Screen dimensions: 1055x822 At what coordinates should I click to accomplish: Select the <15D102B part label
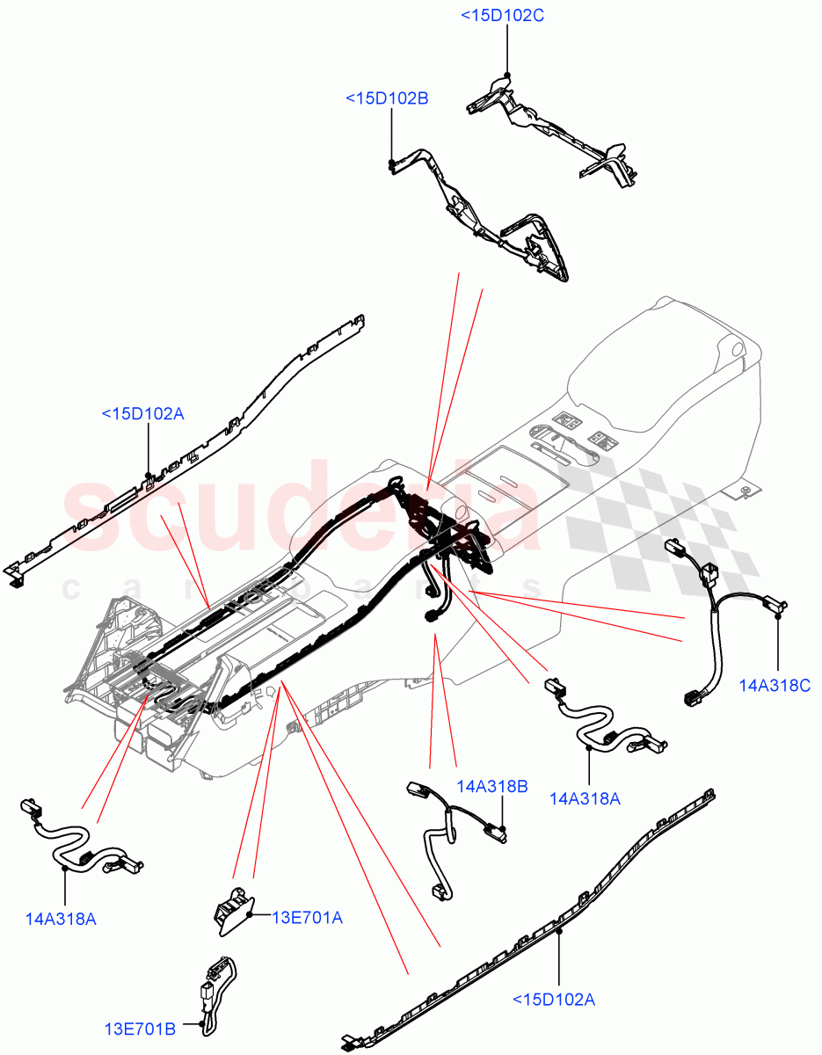387,98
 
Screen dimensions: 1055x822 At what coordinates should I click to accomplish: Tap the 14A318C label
774,685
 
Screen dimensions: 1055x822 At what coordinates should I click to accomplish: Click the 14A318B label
491,786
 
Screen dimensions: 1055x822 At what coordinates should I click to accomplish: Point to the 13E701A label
306,918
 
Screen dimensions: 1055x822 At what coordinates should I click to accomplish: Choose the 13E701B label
141,1028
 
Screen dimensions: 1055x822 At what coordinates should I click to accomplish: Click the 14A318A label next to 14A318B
585,798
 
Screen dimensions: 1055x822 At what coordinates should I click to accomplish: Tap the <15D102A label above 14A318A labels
142,413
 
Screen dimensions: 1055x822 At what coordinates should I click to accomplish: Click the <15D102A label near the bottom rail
554,999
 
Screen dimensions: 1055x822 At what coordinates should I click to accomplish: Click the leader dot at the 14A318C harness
778,618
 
